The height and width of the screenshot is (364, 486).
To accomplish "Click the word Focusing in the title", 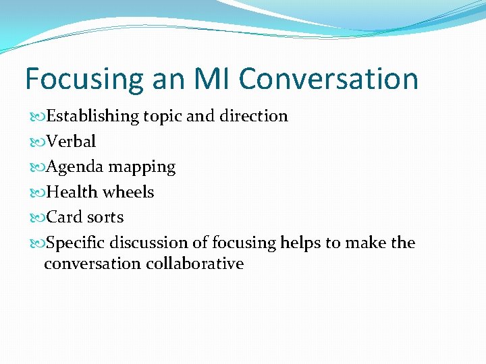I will pos(83,80).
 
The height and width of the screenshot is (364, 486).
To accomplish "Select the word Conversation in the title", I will pos(328,78).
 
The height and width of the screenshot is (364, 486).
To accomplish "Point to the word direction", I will pos(252,116).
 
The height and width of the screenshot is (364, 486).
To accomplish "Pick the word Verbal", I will pos(72,142).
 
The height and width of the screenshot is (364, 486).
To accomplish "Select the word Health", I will pos(73,192).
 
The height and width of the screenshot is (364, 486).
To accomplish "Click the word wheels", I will pos(128,192).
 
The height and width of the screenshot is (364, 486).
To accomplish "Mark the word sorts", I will pos(105,218).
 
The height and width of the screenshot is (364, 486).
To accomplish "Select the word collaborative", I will pos(194,264).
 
